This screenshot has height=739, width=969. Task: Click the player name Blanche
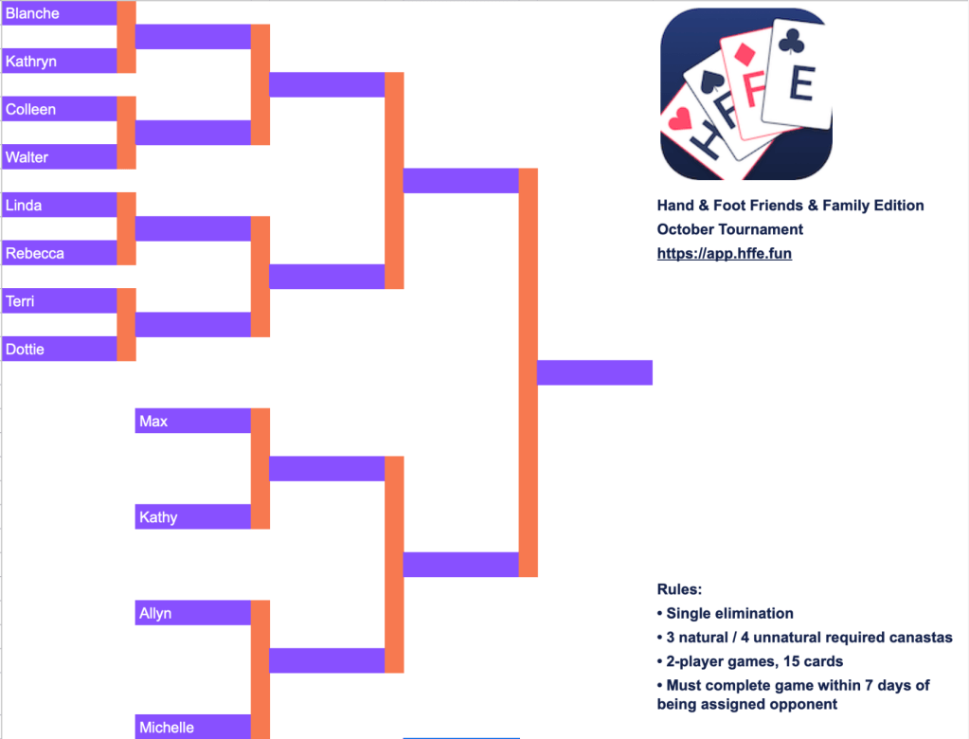pyautogui.click(x=32, y=13)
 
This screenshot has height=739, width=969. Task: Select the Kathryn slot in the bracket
pyautogui.click(x=31, y=62)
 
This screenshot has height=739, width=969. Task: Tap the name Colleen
pyautogui.click(x=31, y=109)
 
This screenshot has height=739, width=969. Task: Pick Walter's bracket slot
pyautogui.click(x=27, y=157)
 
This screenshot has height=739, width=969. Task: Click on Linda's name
pyautogui.click(x=25, y=206)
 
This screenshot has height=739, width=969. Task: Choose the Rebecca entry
pyautogui.click(x=35, y=254)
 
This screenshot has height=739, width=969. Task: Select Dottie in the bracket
pyautogui.click(x=26, y=350)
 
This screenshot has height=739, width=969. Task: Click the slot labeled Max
pyautogui.click(x=153, y=421)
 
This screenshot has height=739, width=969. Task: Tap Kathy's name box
pyautogui.click(x=158, y=517)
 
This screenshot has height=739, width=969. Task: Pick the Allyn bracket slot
pyautogui.click(x=155, y=613)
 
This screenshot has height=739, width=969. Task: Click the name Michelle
pyautogui.click(x=167, y=728)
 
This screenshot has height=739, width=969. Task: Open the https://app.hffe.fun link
pyautogui.click(x=725, y=254)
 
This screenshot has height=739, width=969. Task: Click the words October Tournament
pyautogui.click(x=730, y=229)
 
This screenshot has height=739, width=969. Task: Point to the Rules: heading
pyautogui.click(x=679, y=589)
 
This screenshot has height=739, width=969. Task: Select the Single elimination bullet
pyautogui.click(x=726, y=613)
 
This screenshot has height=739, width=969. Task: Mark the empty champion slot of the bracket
pyautogui.click(x=595, y=373)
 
